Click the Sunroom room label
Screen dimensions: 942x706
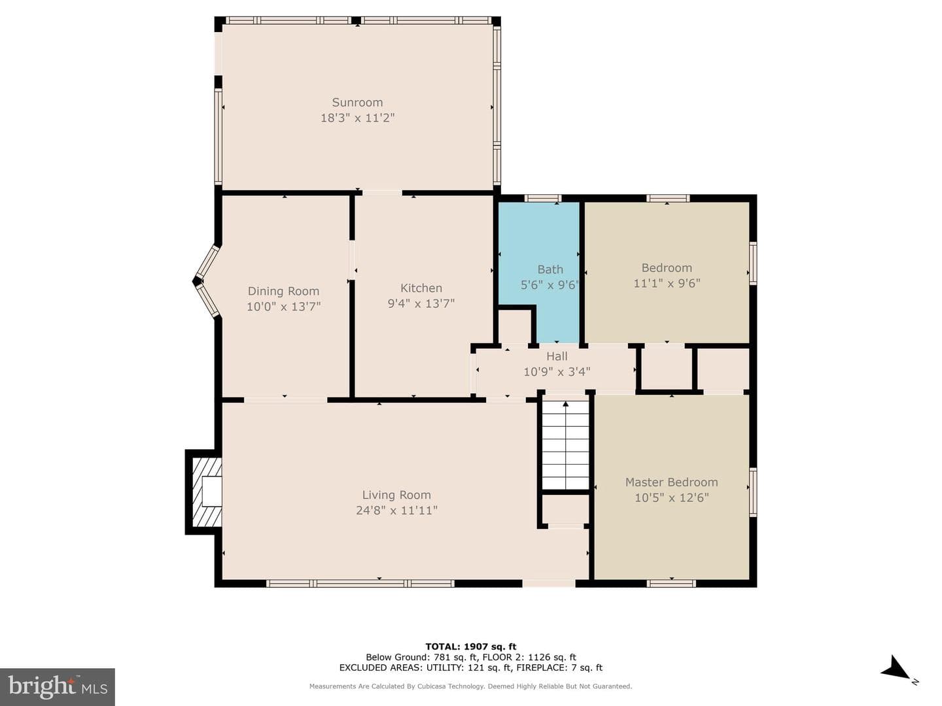tap(357, 103)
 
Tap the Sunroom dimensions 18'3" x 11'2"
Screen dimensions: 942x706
tap(357, 118)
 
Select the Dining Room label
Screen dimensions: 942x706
tap(283, 292)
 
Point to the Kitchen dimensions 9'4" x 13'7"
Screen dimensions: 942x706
tap(421, 303)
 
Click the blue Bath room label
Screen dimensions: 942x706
tap(550, 269)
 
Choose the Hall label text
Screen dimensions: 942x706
tap(557, 356)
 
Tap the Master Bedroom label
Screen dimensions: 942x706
tap(671, 482)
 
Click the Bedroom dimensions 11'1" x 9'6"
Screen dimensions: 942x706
tap(667, 283)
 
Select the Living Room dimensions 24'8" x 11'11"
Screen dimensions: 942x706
tap(396, 511)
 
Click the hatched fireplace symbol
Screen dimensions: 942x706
tap(207, 492)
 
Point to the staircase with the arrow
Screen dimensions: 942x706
tap(566, 445)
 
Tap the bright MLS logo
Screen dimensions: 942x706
tap(57, 686)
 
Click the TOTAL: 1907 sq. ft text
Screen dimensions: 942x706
tap(471, 647)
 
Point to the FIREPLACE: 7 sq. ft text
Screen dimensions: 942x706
tap(559, 667)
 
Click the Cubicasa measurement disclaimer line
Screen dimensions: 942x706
tap(471, 686)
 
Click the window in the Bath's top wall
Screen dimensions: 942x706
tap(543, 198)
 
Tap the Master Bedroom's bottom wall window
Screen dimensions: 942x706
tap(671, 583)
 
